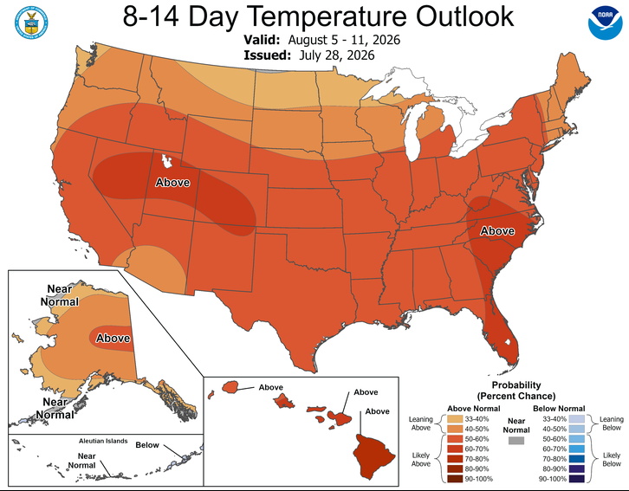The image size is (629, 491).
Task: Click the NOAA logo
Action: tap(605, 23)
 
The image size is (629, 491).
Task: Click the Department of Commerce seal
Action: tap(31, 23)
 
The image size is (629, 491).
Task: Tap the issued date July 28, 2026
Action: tap(336, 55)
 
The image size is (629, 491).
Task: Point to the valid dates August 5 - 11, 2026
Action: tap(344, 40)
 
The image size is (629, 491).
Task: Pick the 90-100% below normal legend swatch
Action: tap(576, 479)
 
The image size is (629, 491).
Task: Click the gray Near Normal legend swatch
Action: tap(516, 441)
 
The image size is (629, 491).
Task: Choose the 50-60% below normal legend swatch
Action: tap(576, 439)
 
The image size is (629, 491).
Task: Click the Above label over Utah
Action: tap(172, 183)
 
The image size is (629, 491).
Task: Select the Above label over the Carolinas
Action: tap(497, 231)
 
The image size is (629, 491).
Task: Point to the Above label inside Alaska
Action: tap(113, 339)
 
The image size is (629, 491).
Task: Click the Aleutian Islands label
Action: tap(103, 441)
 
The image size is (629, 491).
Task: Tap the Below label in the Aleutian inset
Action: tap(147, 445)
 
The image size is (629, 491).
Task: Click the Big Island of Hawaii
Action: tap(373, 455)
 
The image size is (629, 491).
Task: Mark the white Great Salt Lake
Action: tap(165, 161)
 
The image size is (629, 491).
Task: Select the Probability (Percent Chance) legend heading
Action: tap(516, 391)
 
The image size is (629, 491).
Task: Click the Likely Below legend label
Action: tap(612, 459)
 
